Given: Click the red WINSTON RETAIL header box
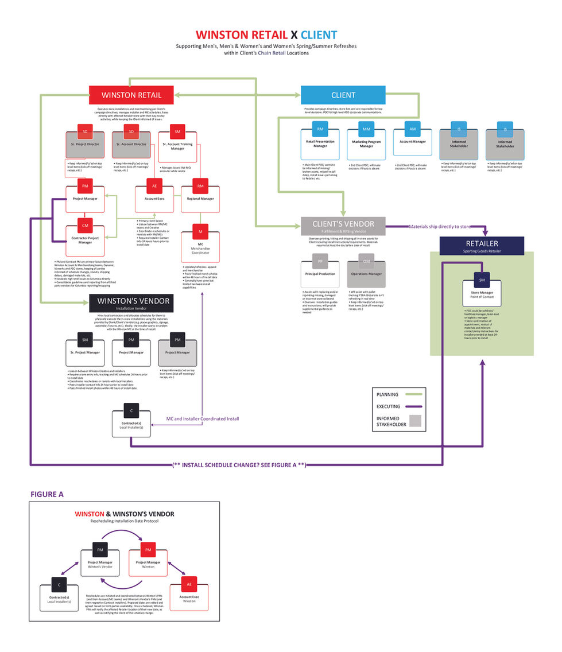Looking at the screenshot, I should pos(131,95).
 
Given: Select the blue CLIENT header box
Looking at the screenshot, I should pos(343,95).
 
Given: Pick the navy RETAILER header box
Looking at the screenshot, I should pos(482,245).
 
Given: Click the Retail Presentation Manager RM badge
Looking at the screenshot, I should pos(320,129).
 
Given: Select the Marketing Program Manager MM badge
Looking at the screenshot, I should pos(366,129).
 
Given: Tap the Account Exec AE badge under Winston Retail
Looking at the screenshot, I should pos(154,187).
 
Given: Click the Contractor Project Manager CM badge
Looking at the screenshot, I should pos(85,226).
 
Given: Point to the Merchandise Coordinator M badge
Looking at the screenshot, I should pos(200,232).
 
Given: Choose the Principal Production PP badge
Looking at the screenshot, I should pos(320,262).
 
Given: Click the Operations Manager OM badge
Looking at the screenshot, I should pos(366,262).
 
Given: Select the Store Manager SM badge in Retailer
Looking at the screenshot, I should pos(482,281).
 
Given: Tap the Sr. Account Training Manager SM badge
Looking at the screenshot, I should pos(177,132).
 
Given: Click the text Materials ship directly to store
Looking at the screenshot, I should pos(440,227).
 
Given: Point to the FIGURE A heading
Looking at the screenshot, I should pos(47,494).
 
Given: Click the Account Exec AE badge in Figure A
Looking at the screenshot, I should pos(189,584).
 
